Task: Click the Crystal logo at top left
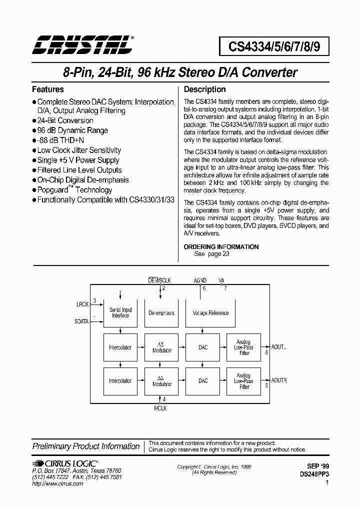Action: [x=82, y=44]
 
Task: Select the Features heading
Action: [x=48, y=89]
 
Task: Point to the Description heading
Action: [x=205, y=89]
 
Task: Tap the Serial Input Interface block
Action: [x=120, y=313]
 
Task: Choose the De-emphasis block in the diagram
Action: [x=161, y=313]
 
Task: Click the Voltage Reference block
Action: [x=210, y=313]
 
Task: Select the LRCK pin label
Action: [x=82, y=304]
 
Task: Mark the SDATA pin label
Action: [x=81, y=321]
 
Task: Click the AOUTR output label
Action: [x=279, y=380]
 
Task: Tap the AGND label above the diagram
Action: [x=200, y=280]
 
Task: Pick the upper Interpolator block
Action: [x=120, y=347]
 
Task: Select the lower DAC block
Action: [x=203, y=381]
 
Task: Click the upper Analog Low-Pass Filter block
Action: [x=244, y=347]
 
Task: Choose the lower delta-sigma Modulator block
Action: [x=161, y=381]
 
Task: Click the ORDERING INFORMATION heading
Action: [x=221, y=246]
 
